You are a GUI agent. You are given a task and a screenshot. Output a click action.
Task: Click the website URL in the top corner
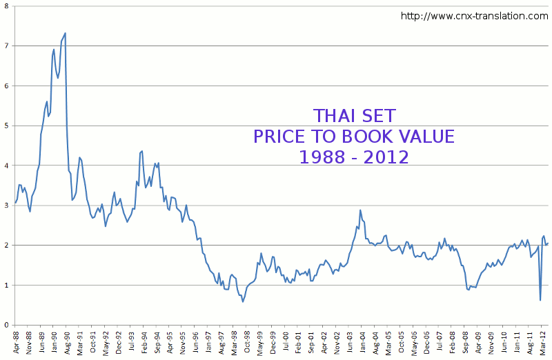tap(474, 16)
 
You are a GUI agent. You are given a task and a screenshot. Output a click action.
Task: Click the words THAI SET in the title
tap(355, 115)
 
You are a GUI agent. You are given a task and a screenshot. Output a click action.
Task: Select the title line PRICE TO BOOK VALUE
tap(354, 136)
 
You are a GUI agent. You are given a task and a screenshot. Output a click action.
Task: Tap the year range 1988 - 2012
tap(354, 157)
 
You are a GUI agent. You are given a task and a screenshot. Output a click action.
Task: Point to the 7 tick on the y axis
tap(6, 46)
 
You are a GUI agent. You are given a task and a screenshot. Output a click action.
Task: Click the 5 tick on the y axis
tap(6, 126)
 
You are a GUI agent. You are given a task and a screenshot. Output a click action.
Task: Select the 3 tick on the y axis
tap(6, 206)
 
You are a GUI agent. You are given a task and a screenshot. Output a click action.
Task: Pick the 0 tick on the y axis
tap(6, 325)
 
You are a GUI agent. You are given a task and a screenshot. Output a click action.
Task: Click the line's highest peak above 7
tap(65, 33)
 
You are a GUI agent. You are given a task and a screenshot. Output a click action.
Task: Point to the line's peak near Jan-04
tap(360, 210)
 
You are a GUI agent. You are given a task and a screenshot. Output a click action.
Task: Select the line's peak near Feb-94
tap(141, 150)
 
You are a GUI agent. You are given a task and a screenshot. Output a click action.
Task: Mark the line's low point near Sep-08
tap(469, 290)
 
